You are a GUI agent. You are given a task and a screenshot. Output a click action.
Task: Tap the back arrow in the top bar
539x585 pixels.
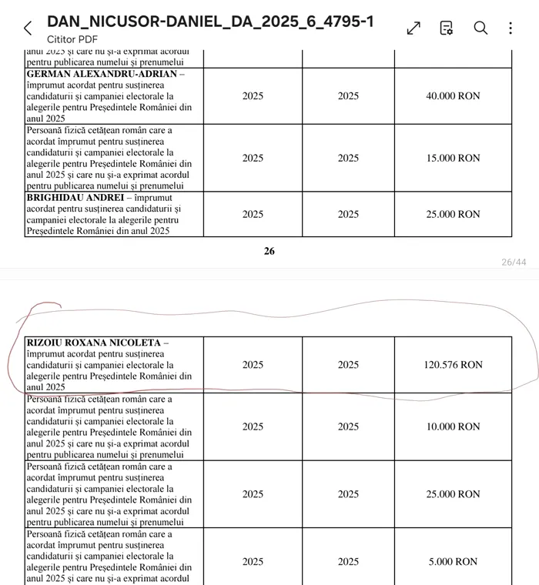28,28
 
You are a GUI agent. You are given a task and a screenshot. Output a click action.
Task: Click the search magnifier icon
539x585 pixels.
480,28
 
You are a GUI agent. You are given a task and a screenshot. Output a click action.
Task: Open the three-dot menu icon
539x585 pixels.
511,28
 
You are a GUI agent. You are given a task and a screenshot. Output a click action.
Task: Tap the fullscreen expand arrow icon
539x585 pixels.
413,28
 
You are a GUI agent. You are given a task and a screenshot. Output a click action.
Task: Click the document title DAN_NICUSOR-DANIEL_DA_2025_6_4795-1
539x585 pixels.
210,22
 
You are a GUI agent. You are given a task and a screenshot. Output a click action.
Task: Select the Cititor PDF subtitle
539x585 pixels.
72,39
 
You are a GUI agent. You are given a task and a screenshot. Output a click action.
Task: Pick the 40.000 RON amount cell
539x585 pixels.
453,96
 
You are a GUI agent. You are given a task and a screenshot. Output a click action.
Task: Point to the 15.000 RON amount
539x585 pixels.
453,158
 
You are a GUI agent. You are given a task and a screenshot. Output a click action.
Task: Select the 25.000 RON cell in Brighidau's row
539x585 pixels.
453,214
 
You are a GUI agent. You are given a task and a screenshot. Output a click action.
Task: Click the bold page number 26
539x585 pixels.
269,251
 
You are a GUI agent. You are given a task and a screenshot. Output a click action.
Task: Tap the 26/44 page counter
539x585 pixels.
514,262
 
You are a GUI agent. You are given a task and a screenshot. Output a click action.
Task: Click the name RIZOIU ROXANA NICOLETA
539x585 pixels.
94,343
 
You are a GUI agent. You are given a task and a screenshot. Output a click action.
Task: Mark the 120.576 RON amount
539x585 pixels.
453,365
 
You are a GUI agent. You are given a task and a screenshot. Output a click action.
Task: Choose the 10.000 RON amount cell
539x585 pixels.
453,426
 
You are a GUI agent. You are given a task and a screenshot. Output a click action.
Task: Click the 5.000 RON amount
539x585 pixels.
453,562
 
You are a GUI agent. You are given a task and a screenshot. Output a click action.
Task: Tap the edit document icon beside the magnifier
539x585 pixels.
447,28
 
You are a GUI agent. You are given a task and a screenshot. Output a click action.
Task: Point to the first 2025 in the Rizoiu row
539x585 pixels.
253,365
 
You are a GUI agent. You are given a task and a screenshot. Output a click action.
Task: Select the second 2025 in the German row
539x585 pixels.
348,96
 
